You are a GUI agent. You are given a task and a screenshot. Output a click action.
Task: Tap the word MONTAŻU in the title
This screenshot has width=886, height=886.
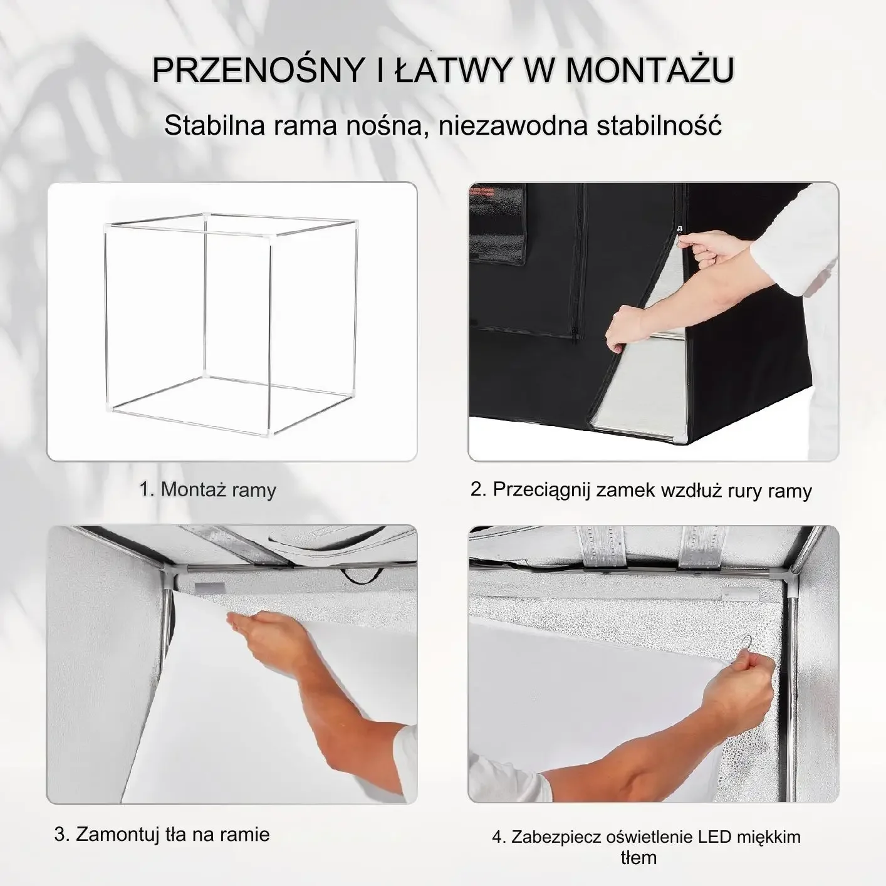click(649, 70)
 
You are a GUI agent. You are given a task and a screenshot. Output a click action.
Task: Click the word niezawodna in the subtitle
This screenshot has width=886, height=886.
click(513, 125)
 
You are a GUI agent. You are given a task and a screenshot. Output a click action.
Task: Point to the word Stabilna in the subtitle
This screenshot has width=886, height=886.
click(215, 125)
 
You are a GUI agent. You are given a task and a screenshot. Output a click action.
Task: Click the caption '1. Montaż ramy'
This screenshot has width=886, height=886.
click(207, 489)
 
